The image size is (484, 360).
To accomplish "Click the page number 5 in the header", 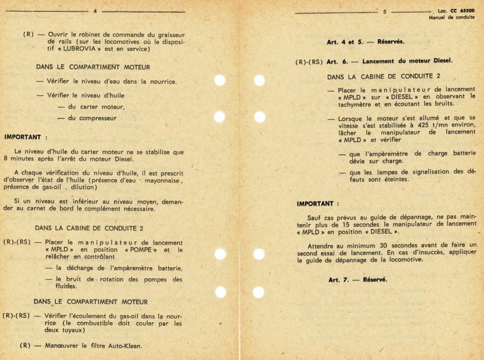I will (x=384, y=12).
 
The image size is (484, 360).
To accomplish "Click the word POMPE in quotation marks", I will (x=140, y=250).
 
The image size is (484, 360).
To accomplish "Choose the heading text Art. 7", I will (x=339, y=280).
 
